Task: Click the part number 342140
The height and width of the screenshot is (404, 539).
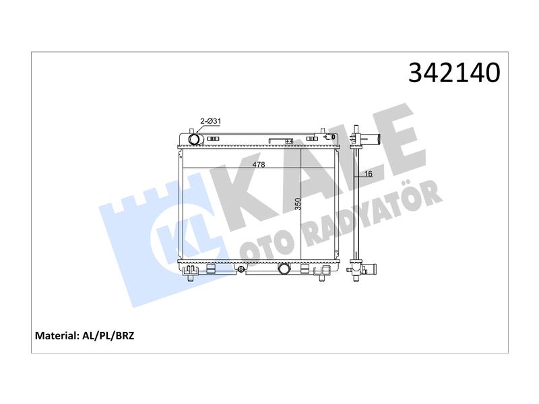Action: (x=453, y=73)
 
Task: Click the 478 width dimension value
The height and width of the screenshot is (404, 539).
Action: (x=259, y=164)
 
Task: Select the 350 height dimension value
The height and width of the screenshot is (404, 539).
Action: (x=298, y=204)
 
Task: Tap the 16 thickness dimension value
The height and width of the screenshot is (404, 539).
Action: (x=368, y=174)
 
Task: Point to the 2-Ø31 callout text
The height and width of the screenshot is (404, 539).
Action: (x=210, y=121)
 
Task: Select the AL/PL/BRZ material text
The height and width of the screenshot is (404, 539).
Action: (x=108, y=335)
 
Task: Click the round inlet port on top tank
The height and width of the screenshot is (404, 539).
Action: (x=194, y=139)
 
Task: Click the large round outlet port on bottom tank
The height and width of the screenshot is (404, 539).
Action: (x=284, y=268)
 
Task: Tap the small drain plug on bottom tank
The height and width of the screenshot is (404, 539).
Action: (x=241, y=269)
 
